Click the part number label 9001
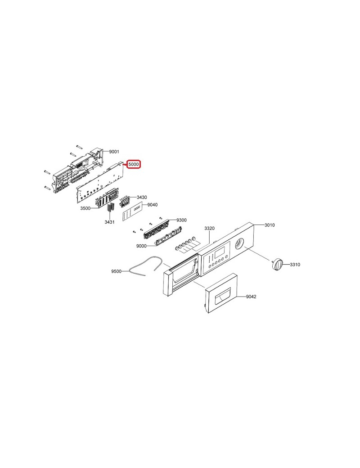[114, 152]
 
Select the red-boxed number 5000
[134, 164]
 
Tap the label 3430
[142, 197]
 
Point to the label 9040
[153, 205]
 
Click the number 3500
[85, 208]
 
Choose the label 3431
[109, 222]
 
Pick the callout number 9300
[181, 220]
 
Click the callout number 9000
[141, 246]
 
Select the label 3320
[209, 228]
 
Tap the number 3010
[270, 225]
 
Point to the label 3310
[295, 265]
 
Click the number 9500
[116, 271]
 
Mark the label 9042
[251, 297]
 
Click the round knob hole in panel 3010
[239, 243]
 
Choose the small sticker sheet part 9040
[132, 211]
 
